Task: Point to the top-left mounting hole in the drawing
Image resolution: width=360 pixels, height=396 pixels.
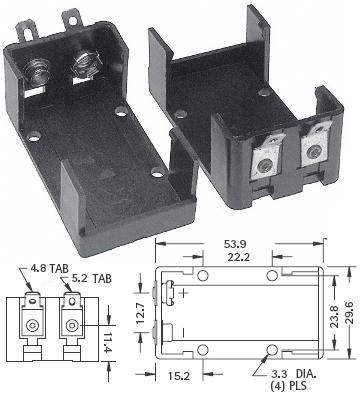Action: click(x=203, y=277)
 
